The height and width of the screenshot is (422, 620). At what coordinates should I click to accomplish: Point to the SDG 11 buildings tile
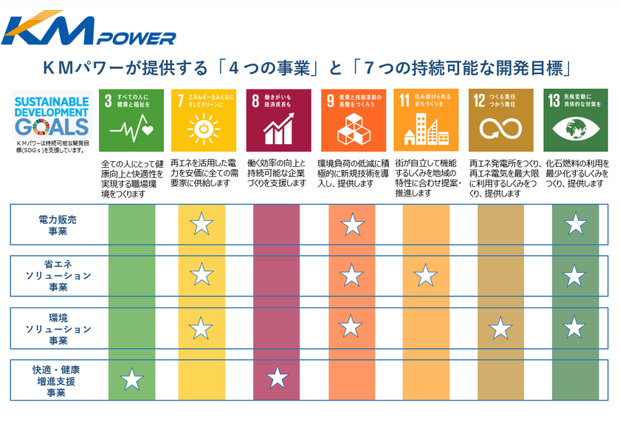pos(425,120)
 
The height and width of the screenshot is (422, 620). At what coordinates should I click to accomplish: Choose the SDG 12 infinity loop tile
pos(500,120)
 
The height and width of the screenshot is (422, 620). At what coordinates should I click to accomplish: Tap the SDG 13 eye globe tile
pos(575,120)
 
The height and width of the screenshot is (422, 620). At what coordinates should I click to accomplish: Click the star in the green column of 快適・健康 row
pos(131,379)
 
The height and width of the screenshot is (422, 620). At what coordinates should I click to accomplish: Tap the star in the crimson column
pos(277,378)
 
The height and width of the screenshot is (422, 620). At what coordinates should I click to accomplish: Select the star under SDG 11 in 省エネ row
pos(425,275)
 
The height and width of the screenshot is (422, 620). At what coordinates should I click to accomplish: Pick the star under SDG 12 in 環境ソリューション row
pos(500,327)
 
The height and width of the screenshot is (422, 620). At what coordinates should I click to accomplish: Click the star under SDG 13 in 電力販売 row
pos(575,224)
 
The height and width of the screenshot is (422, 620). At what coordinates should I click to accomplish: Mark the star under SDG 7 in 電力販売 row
pos(201,224)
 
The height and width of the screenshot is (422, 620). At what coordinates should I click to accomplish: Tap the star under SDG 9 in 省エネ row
pos(351,275)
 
